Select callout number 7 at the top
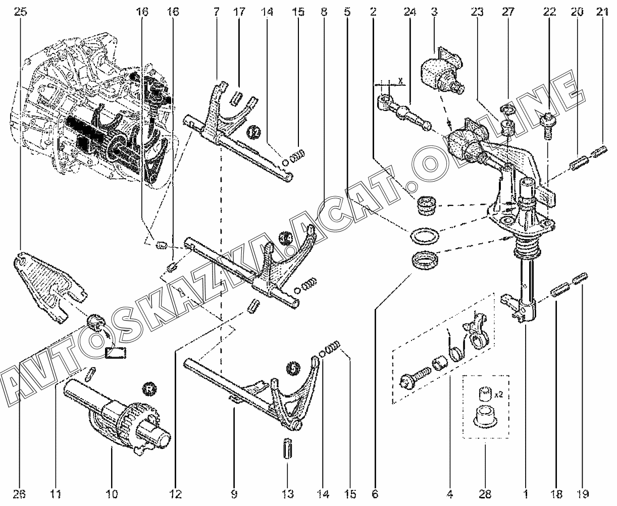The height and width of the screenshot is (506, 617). coord(217,12)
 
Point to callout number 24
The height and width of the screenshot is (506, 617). coord(409,12)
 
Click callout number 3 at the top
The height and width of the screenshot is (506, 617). coord(433,12)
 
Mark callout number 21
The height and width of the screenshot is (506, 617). coord(601,12)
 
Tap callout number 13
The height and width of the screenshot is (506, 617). coord(287,493)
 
